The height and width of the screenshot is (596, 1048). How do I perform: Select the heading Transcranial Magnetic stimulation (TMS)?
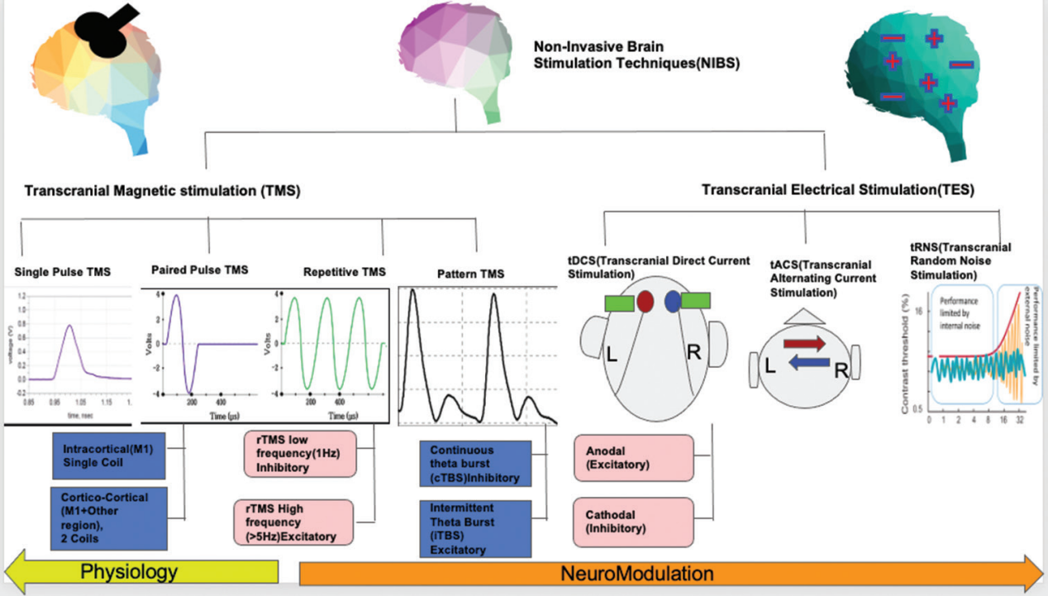click(162, 191)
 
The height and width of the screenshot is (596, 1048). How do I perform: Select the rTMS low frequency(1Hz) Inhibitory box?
click(299, 455)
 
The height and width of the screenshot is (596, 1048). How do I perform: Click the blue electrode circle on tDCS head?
click(674, 301)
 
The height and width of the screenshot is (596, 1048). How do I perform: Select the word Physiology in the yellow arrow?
click(129, 572)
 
